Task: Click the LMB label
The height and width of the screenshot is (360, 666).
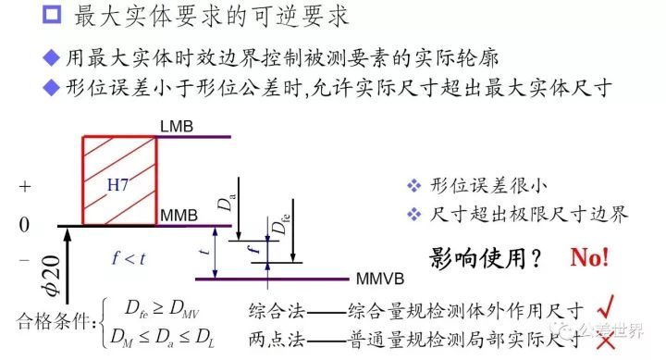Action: pyautogui.click(x=176, y=126)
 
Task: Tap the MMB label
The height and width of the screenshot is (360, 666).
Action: pyautogui.click(x=179, y=217)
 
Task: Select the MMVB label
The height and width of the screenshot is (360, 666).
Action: pyautogui.click(x=379, y=279)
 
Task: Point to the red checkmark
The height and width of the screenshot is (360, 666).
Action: pyautogui.click(x=607, y=309)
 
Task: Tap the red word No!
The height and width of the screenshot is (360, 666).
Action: pyautogui.click(x=589, y=257)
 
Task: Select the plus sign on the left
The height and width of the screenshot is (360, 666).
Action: pyautogui.click(x=25, y=186)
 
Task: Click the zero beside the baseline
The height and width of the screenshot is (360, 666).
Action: pyautogui.click(x=25, y=225)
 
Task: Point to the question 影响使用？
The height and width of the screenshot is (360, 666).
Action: pyautogui.click(x=484, y=258)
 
